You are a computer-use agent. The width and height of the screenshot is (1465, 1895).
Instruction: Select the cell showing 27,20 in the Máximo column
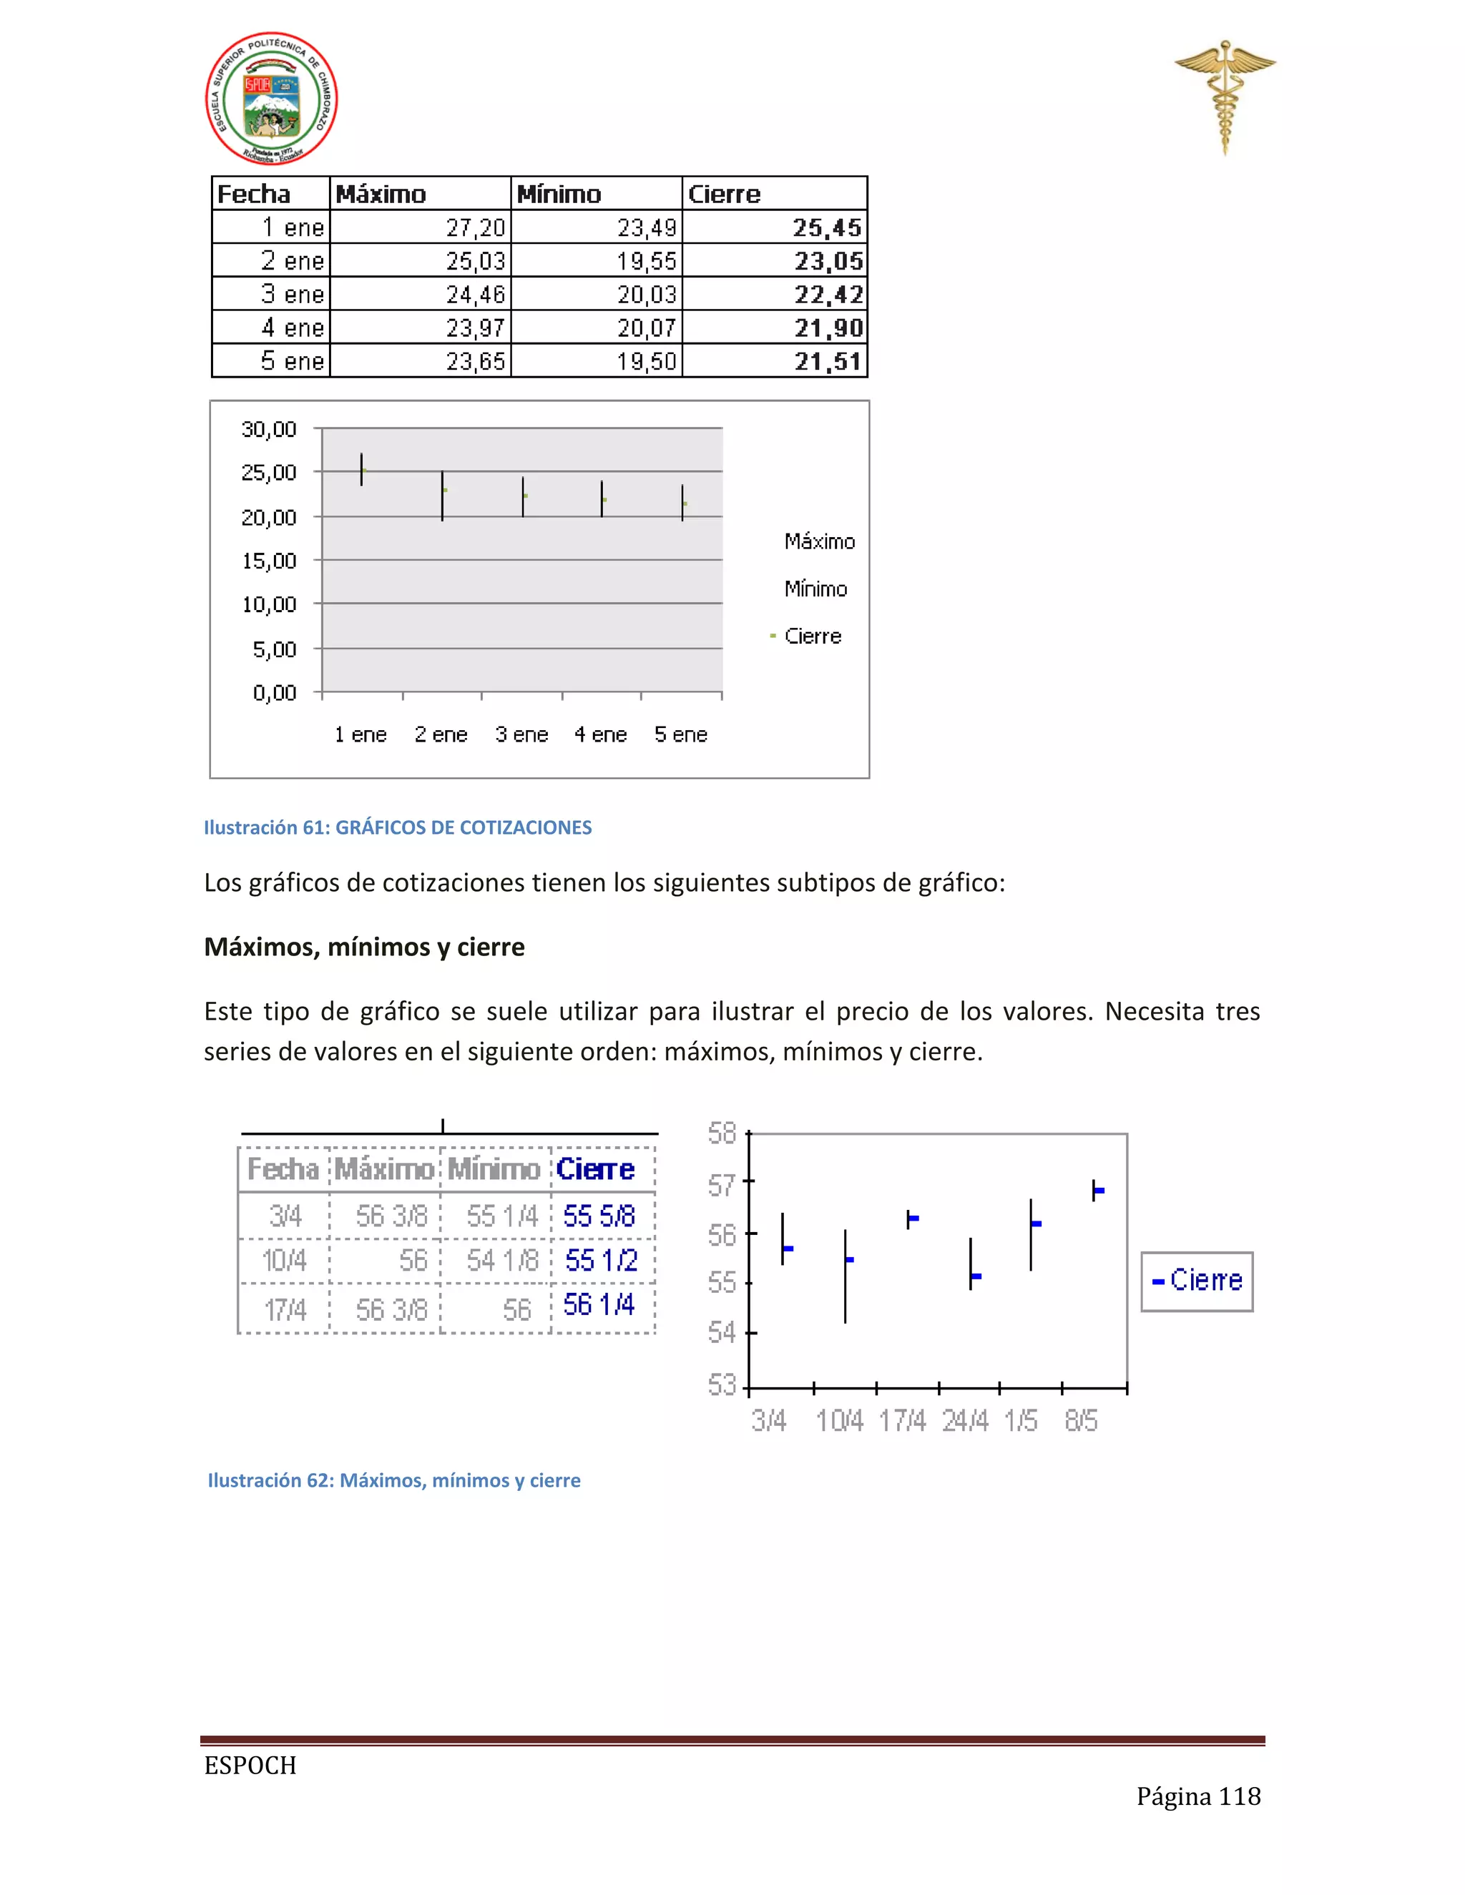click(x=475, y=227)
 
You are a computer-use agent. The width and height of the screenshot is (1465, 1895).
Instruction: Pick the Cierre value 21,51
click(x=827, y=361)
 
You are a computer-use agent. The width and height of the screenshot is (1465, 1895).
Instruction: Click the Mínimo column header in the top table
click(x=559, y=194)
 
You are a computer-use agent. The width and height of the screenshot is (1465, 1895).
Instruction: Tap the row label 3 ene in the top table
click(x=293, y=294)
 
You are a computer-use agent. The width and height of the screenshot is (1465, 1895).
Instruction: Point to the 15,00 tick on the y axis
click(x=269, y=561)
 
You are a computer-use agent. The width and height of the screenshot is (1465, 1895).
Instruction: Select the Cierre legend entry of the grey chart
click(x=813, y=636)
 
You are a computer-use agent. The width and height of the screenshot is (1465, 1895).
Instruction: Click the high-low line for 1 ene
click(x=361, y=469)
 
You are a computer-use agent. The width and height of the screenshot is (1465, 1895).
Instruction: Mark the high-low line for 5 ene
click(x=682, y=503)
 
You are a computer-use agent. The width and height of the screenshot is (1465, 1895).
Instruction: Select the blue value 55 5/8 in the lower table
click(x=599, y=1216)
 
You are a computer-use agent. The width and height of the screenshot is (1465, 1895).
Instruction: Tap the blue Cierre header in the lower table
click(x=595, y=1168)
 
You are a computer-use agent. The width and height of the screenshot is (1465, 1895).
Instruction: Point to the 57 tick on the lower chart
click(x=722, y=1183)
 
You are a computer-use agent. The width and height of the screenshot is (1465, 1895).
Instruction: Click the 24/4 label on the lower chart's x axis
click(x=965, y=1420)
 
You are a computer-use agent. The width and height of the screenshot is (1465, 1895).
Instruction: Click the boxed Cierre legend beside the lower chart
click(x=1197, y=1281)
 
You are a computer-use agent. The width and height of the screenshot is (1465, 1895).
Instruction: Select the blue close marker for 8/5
click(x=1099, y=1191)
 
